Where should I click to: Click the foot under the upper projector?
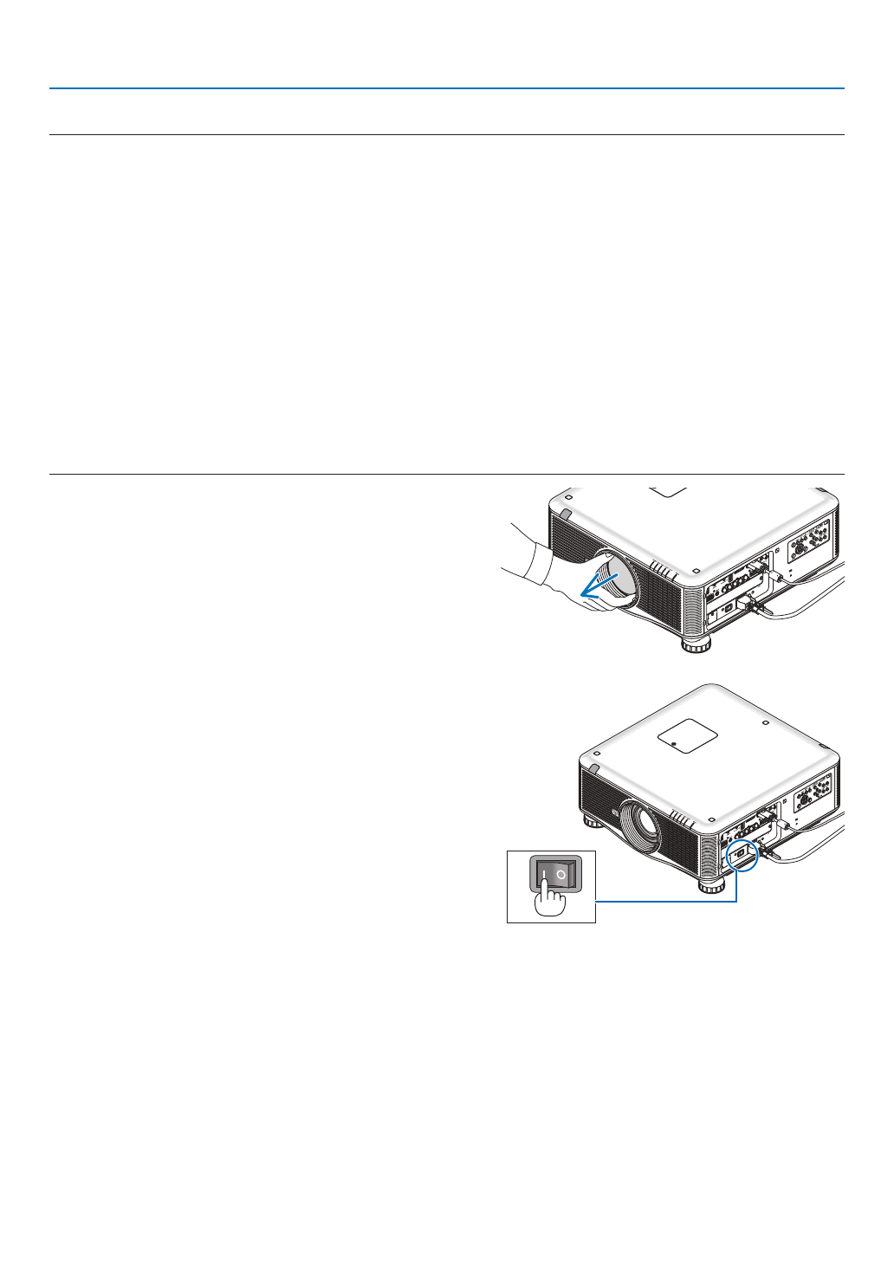coord(695,644)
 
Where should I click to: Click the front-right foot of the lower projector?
coord(712,884)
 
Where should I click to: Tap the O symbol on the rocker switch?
coord(562,876)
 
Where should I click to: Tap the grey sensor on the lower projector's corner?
coord(593,767)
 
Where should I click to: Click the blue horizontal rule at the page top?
coord(446,88)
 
